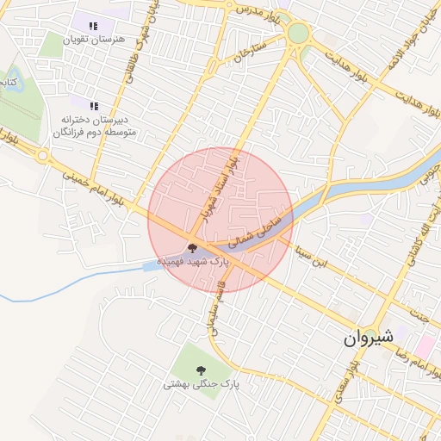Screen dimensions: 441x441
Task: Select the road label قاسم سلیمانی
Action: (212, 308)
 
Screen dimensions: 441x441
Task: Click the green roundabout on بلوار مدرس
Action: (298, 34)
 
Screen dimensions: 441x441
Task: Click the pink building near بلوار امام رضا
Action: (425, 346)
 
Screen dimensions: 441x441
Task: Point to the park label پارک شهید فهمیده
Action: (192, 260)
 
